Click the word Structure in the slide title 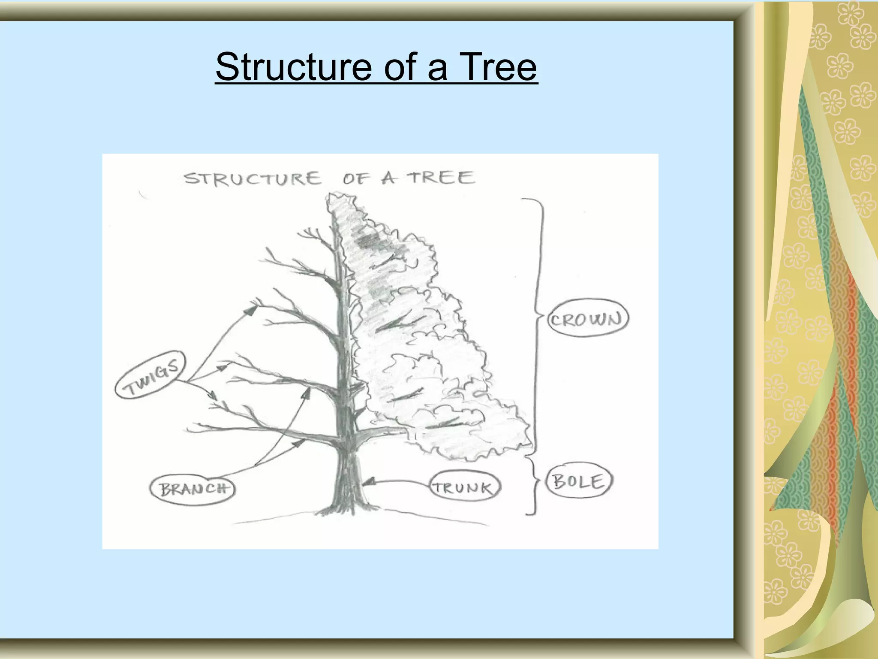click(293, 67)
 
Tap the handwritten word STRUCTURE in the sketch click(252, 178)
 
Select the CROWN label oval click(587, 318)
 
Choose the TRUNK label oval click(465, 488)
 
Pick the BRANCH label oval click(192, 489)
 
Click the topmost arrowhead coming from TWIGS click(250, 309)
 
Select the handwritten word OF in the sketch click(355, 179)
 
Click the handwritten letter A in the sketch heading click(388, 178)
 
